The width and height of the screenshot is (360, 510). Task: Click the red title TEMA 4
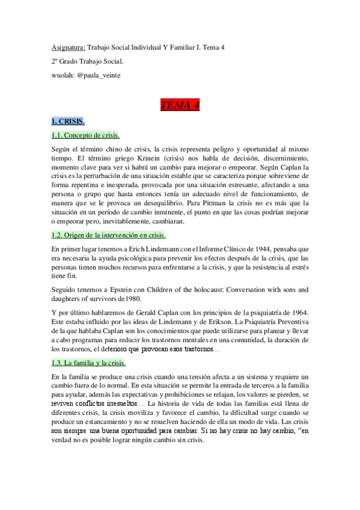tap(180, 106)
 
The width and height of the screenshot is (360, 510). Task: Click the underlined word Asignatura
tap(68, 47)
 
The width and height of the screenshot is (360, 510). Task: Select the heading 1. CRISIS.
tap(68, 121)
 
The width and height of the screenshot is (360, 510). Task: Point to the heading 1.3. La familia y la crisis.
tap(88, 363)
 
